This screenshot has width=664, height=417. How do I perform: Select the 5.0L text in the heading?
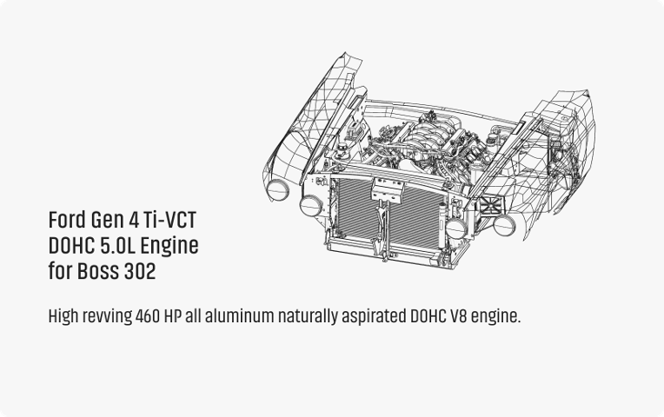pyautogui.click(x=123, y=246)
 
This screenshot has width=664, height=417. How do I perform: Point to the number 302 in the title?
pyautogui.click(x=140, y=272)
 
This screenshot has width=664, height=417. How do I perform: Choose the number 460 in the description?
pyautogui.click(x=149, y=316)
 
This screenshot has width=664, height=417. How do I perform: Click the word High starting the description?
pyautogui.click(x=63, y=316)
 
